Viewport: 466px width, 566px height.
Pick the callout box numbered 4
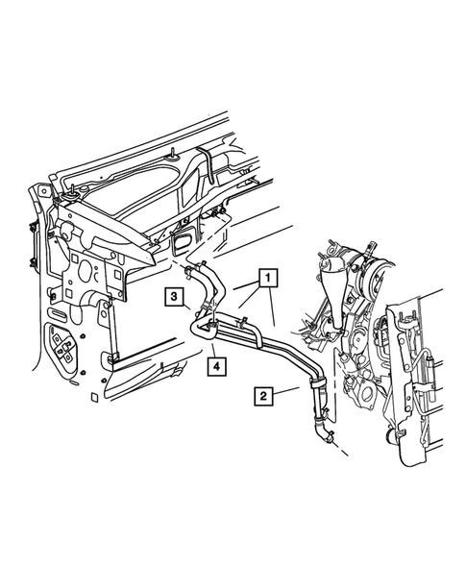click(217, 364)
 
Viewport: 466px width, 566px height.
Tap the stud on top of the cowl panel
click(172, 153)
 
